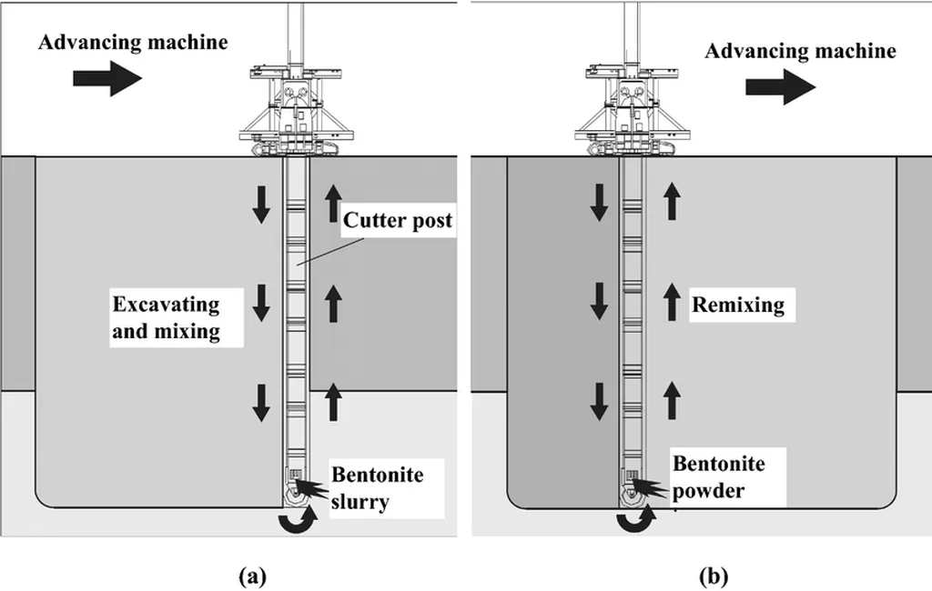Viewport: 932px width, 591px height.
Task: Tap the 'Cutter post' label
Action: [398, 220]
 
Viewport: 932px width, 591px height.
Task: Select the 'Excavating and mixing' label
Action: [166, 316]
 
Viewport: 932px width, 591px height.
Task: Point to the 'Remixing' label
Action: [738, 304]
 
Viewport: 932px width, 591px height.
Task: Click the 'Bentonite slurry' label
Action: [377, 487]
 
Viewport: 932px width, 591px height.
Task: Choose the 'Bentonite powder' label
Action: [718, 477]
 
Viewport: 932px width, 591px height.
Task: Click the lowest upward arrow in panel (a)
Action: [333, 401]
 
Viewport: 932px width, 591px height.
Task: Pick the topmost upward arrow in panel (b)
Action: [672, 200]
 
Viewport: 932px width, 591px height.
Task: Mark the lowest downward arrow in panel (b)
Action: [598, 401]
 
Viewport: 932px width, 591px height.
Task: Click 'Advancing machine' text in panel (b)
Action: [800, 51]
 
